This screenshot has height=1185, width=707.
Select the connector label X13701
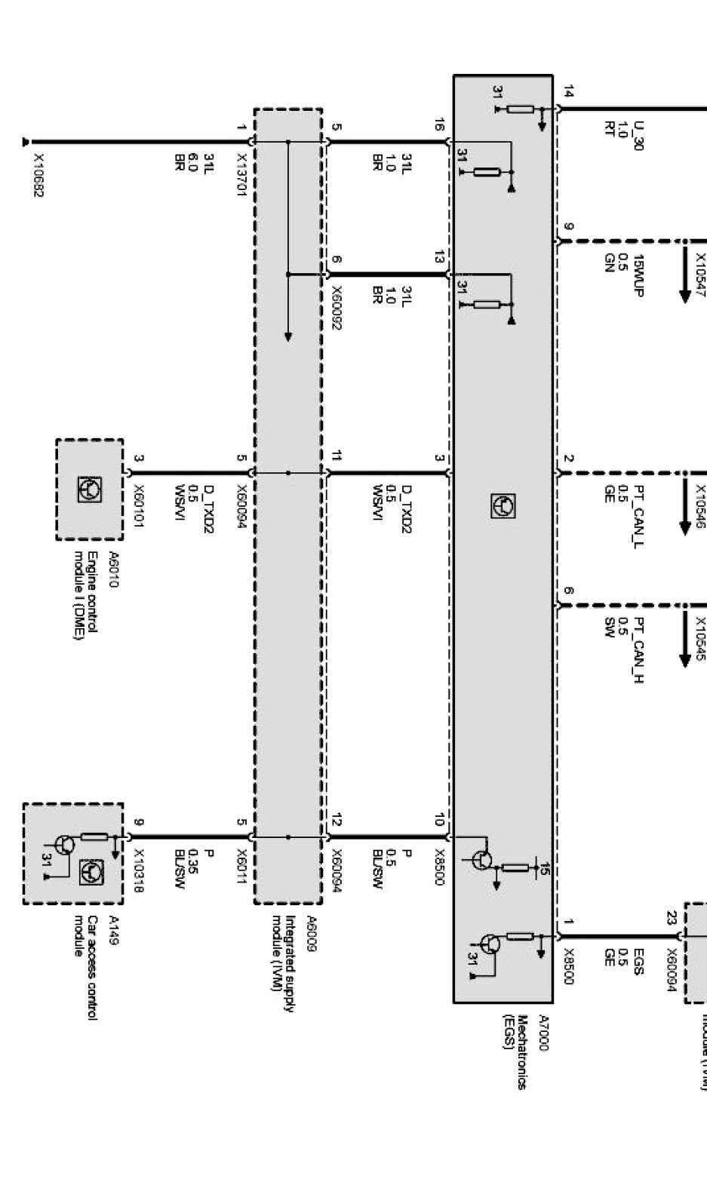click(x=241, y=174)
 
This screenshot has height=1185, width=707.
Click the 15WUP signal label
click(x=638, y=275)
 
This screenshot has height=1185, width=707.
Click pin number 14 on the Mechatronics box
click(x=568, y=93)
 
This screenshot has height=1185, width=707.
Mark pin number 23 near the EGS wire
click(x=671, y=918)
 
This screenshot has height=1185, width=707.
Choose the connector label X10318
click(x=139, y=870)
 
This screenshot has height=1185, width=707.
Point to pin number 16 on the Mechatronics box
click(x=439, y=125)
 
